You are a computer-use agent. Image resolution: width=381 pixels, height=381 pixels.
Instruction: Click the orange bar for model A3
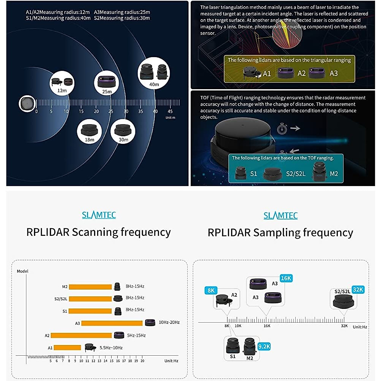(112, 323)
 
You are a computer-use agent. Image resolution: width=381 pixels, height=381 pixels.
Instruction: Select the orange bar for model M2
(90, 287)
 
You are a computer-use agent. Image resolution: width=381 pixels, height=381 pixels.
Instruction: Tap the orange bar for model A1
(67, 348)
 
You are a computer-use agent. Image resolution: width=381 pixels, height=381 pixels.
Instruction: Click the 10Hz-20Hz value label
(169, 322)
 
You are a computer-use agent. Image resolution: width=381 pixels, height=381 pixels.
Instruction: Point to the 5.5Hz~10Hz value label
(111, 348)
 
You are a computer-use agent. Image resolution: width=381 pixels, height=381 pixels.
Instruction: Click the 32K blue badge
(358, 290)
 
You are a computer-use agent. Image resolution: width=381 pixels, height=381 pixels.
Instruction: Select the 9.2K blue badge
(264, 346)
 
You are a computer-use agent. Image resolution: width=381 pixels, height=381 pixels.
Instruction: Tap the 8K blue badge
(211, 290)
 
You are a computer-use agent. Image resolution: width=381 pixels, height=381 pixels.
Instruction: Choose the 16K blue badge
(286, 278)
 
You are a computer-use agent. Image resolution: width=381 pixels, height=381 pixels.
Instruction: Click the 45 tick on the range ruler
(170, 111)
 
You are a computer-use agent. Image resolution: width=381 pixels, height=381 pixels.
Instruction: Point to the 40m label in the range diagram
(154, 84)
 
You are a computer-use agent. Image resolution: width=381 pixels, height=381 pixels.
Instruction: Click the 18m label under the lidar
(90, 140)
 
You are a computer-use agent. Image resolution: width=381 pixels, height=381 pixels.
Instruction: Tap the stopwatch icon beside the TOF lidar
(282, 129)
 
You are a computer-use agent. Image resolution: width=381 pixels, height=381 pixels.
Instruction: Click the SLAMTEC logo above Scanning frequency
(99, 215)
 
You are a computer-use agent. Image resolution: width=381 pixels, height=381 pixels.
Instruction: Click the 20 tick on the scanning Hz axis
(142, 361)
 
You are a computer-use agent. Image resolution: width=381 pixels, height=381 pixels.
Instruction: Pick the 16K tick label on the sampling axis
(267, 326)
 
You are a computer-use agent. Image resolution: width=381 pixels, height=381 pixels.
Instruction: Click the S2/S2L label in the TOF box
(296, 174)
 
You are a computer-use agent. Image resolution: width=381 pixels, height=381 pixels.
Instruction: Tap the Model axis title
(23, 271)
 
